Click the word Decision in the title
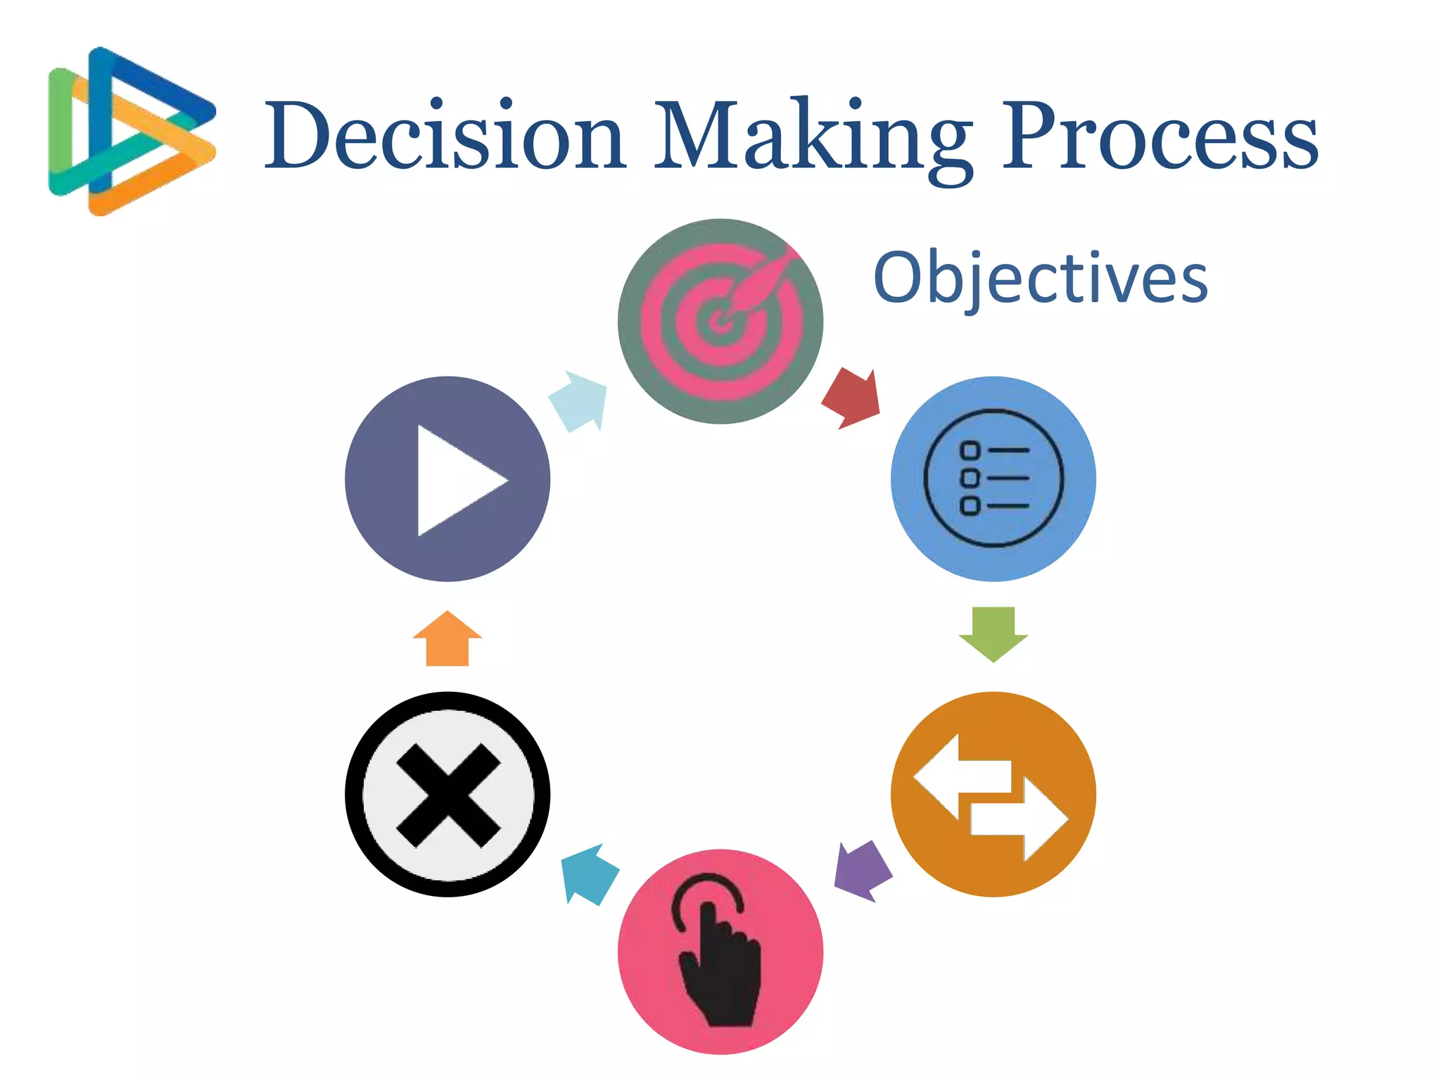tap(445, 135)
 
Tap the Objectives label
tap(1040, 279)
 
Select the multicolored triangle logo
tap(132, 132)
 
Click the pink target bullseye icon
tap(720, 322)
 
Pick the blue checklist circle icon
tap(993, 479)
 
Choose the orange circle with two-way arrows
tap(993, 794)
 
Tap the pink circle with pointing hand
tap(720, 952)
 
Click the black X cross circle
tap(447, 794)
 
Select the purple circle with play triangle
tap(447, 479)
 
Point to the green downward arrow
tap(993, 633)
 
